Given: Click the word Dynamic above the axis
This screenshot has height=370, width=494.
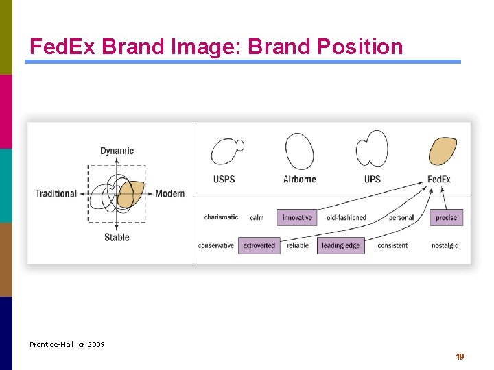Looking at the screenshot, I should pos(117,151).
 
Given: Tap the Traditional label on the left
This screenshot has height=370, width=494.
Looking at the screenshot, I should pos(56,193).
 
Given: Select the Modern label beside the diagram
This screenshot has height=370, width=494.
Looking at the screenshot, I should pos(169,193).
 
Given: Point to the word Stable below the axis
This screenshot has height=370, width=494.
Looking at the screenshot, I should pos(117,237).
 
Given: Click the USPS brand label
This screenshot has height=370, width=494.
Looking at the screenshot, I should pos(224,180).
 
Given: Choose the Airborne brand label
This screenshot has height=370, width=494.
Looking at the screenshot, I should pos(299,180).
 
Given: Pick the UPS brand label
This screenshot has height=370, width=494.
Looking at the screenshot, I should pos(373,180).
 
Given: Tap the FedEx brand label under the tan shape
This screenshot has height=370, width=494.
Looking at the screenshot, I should pos(439,180).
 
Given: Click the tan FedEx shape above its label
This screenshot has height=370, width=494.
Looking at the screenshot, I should pos(443,151).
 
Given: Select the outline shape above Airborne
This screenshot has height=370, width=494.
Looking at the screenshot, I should pos(299,151).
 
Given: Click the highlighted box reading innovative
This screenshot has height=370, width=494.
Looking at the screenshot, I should pos(297,218).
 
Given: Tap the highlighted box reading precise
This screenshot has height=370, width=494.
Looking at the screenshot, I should pos(446,218).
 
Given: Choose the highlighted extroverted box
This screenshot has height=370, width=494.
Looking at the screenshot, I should pos(259,245).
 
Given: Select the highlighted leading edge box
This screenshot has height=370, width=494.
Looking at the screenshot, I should pos(340,245).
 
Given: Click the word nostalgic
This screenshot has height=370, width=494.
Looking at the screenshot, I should pos(445,245).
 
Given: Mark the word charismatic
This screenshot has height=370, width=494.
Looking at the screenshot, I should pos(221,217).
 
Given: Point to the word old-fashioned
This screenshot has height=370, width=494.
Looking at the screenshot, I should pos(346,218).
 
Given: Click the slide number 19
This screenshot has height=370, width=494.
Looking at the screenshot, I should pos(460,357).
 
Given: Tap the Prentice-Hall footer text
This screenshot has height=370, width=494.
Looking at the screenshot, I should pos(67,344).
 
